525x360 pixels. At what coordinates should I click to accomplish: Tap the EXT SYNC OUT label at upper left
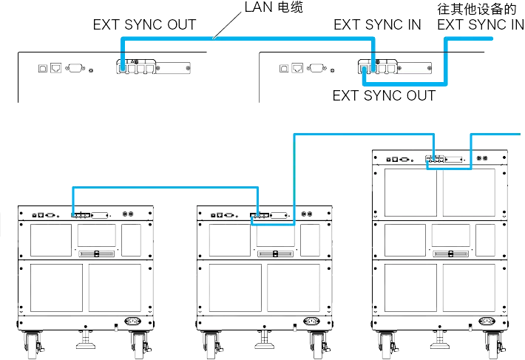tap(145, 24)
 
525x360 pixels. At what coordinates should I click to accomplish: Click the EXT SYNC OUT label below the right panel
tap(385, 95)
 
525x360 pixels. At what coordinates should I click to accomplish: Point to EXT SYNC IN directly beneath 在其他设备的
tap(480, 25)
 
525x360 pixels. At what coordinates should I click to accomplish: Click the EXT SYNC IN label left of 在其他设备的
tap(377, 24)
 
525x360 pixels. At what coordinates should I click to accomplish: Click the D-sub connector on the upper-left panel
tap(75, 69)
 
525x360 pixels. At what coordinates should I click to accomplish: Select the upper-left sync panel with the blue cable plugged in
tap(156, 69)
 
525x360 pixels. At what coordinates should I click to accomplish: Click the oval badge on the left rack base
tap(133, 322)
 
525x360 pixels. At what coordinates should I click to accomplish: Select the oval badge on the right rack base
tap(487, 322)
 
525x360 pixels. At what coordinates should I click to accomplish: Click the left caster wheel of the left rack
tap(35, 344)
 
